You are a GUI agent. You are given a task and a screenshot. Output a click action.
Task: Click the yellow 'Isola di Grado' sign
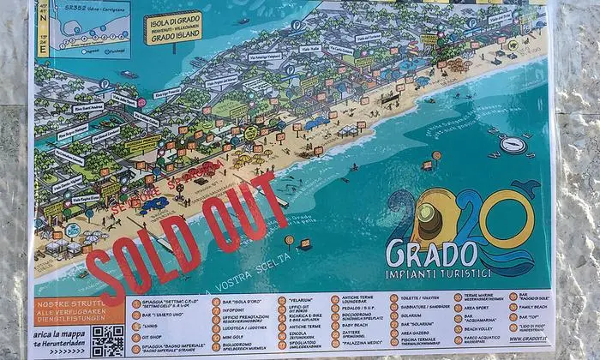coord(173,27)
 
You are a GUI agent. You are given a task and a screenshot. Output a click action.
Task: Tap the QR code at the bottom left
coord(108,340)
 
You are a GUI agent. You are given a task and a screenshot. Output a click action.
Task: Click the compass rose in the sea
coord(513,145)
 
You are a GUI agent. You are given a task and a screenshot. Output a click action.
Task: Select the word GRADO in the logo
coord(431,253)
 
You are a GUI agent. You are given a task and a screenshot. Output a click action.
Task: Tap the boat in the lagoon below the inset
coord(129,75)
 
